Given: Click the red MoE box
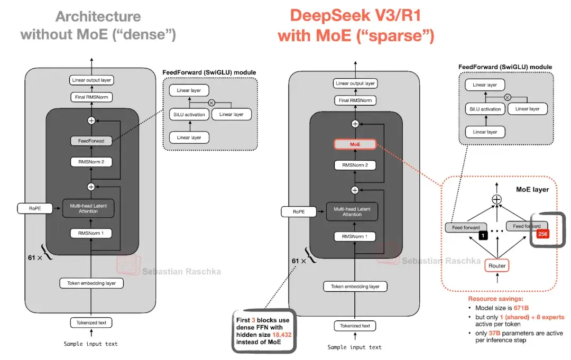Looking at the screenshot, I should (355, 144).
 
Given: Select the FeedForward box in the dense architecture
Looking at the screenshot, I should (91, 141).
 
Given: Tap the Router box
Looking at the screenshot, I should (497, 265).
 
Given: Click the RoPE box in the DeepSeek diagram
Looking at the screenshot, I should (298, 211).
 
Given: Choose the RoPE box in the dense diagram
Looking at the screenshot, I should (34, 208).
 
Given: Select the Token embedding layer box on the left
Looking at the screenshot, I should (91, 283).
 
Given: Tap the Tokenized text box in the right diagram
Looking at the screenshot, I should (355, 326).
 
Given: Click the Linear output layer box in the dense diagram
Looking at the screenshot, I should (91, 80).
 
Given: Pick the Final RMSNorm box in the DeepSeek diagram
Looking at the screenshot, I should (355, 100).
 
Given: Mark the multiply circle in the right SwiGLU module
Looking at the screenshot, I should (507, 97).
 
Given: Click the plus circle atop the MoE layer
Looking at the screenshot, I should (496, 199).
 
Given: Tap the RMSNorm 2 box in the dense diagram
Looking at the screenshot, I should (91, 162).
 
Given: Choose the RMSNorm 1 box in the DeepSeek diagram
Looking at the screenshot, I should (355, 236).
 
